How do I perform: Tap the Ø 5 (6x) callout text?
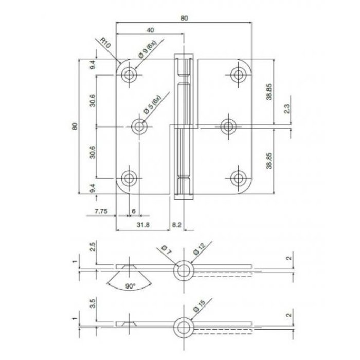coord(153,104)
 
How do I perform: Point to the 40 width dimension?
coord(150,29)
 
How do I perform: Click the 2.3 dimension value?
coord(286,109)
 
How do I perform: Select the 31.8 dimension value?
coord(142,224)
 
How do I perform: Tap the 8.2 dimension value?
coord(176,224)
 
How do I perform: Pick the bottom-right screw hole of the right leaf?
coord(237,177)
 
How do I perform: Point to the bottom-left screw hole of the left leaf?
coord(128,177)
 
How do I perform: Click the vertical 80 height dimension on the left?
coord(75,125)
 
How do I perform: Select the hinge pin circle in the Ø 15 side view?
coord(183,325)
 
